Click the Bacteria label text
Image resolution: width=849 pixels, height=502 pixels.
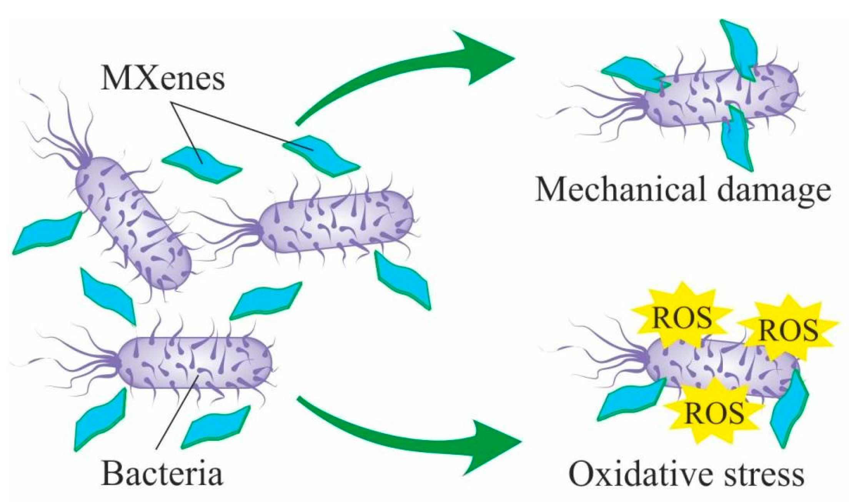162,473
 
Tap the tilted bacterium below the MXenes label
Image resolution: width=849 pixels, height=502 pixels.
133,223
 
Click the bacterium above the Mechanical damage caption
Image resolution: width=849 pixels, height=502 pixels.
719,96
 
